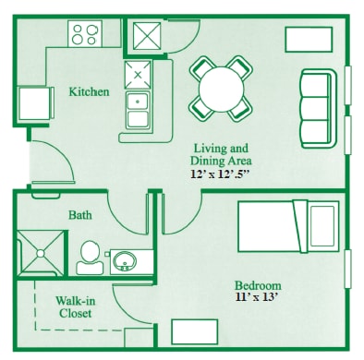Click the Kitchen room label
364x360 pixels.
pos(90,91)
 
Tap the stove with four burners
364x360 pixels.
pos(87,35)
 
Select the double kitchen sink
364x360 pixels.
pos(138,111)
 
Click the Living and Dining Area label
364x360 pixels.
pos(220,154)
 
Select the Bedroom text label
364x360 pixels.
pos(258,284)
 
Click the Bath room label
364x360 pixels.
pos(79,214)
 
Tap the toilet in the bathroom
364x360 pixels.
pos(90,258)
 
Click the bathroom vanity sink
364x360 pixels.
pos(125,260)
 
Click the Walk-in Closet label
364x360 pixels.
pos(74,306)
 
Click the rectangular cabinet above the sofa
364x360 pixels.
pos(308,39)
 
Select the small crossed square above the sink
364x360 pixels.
pos(138,73)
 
